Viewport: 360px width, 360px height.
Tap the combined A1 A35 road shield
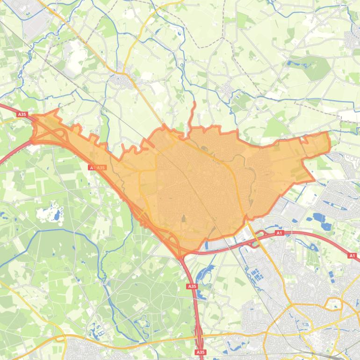pyautogui.click(x=97, y=167)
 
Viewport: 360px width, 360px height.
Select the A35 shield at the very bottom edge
pyautogui.click(x=201, y=352)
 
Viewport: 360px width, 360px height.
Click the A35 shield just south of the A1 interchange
pyautogui.click(x=192, y=286)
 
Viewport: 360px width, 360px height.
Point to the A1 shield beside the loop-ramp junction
pyautogui.click(x=280, y=233)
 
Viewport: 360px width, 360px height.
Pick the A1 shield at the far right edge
pyautogui.click(x=352, y=256)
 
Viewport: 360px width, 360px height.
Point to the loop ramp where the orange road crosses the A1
pyautogui.click(x=255, y=242)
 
